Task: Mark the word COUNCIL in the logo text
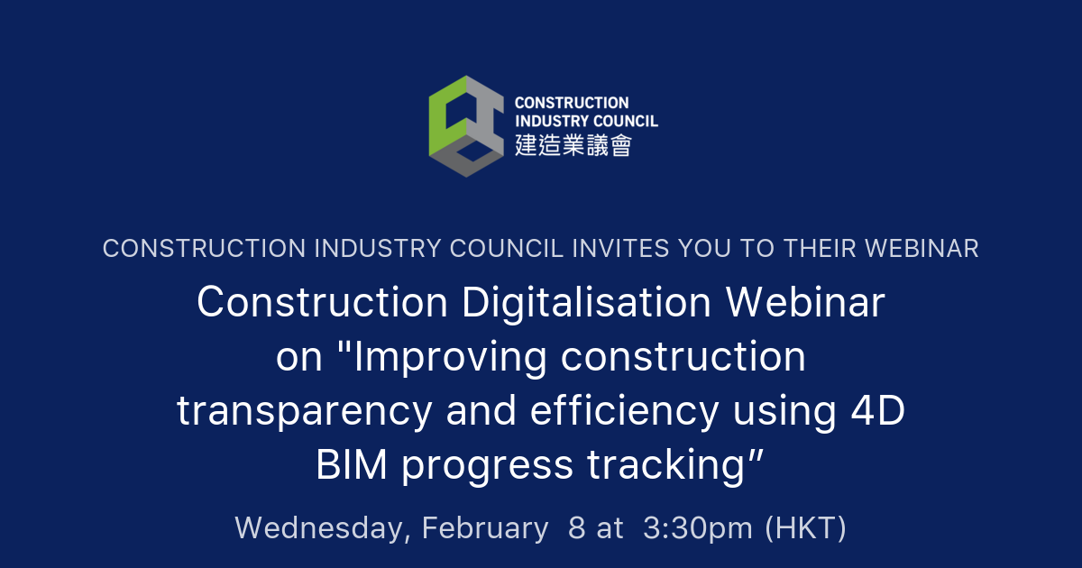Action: [625, 121]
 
